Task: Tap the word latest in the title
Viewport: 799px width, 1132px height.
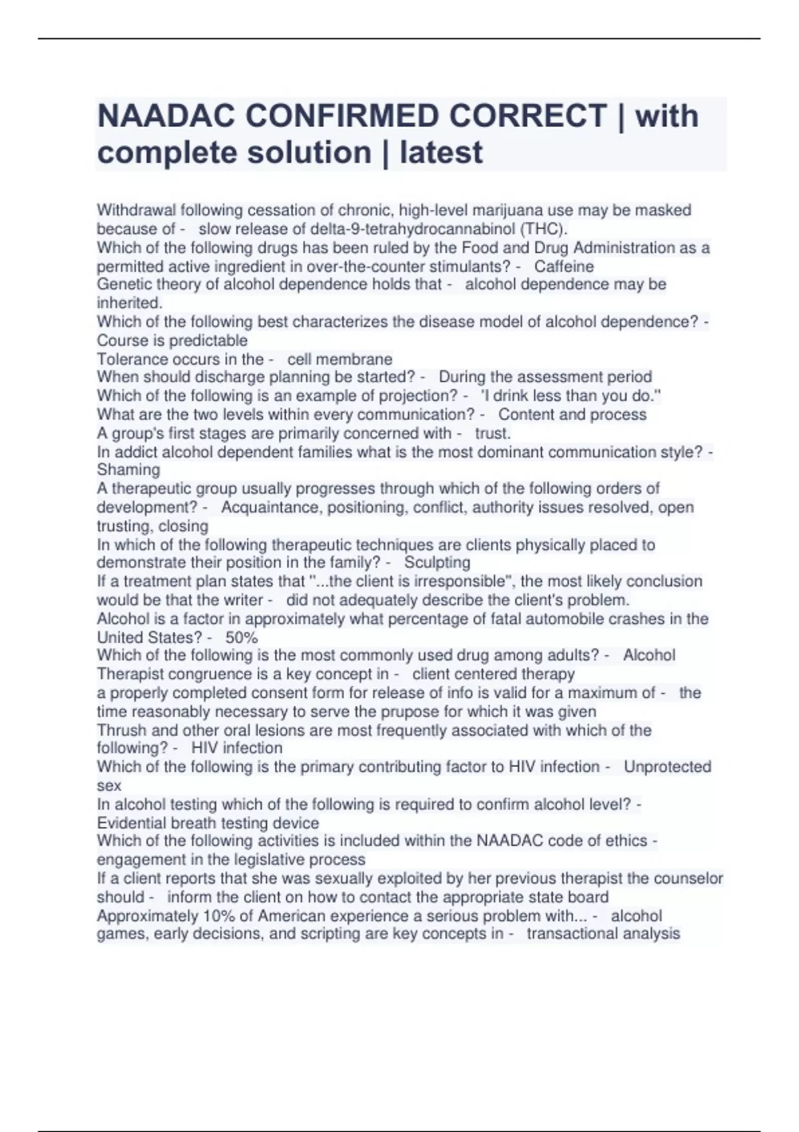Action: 441,152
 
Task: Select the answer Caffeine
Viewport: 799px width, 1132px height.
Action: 564,266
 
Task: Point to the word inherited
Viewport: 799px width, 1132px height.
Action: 129,303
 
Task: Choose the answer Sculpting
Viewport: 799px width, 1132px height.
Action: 437,563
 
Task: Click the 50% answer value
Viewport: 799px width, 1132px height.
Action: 242,637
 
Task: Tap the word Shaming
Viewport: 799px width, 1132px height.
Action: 129,470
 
